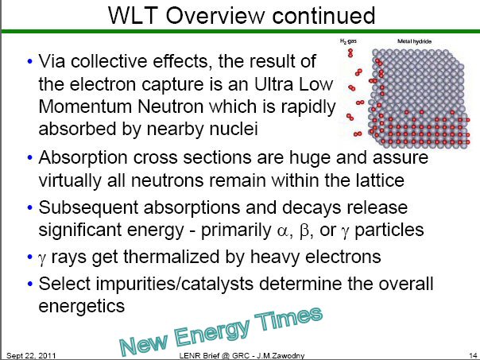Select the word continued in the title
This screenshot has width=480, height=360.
[323, 15]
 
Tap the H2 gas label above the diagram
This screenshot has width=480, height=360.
[348, 41]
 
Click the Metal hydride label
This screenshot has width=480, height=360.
[414, 41]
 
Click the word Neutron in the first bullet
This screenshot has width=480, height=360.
[170, 106]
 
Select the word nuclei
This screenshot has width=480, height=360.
[234, 129]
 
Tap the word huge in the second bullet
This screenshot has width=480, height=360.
[310, 158]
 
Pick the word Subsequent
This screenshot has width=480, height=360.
[88, 208]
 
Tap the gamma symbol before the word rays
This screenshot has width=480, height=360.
[42, 257]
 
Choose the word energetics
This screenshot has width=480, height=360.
[82, 306]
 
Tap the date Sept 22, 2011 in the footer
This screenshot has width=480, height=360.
[31, 355]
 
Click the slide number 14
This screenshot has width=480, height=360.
[473, 355]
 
